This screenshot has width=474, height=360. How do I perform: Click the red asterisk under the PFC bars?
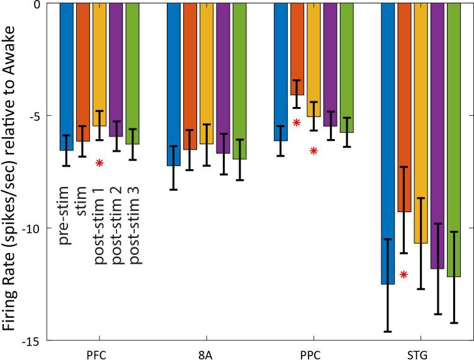99,163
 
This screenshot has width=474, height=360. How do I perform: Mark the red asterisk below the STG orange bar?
403,274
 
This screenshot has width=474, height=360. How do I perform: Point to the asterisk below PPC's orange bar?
297,122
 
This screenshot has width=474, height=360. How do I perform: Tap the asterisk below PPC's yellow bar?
313,150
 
